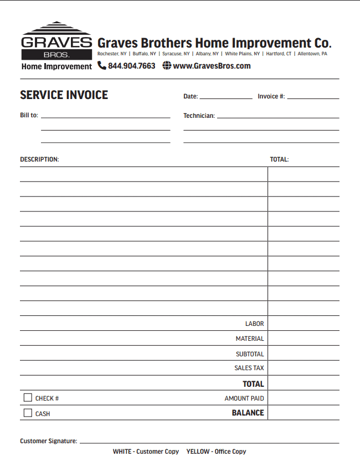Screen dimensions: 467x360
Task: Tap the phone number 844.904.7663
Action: (132, 66)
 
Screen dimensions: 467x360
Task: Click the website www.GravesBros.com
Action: (212, 66)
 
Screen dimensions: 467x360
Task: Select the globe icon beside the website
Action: (167, 66)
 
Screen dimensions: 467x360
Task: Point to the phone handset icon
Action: (102, 66)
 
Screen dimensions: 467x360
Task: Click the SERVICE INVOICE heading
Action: (64, 95)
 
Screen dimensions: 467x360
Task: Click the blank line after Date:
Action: (226, 97)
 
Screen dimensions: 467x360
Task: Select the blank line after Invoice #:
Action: (313, 97)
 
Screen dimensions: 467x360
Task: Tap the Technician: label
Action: (199, 116)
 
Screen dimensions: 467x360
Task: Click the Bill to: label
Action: (29, 116)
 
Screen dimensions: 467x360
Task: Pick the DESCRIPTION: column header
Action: (39, 159)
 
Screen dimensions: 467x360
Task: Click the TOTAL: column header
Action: (279, 159)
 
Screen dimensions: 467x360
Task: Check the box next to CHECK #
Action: (28, 398)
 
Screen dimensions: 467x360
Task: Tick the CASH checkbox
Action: (28, 413)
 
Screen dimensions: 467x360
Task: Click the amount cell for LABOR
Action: (304, 324)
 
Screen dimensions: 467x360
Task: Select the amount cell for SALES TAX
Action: (304, 368)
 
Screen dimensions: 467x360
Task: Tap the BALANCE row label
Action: (248, 413)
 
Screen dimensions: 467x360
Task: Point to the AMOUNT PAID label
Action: (244, 398)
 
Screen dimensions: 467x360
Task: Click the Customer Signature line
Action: (209, 442)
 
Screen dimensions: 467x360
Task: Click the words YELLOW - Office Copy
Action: (216, 452)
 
